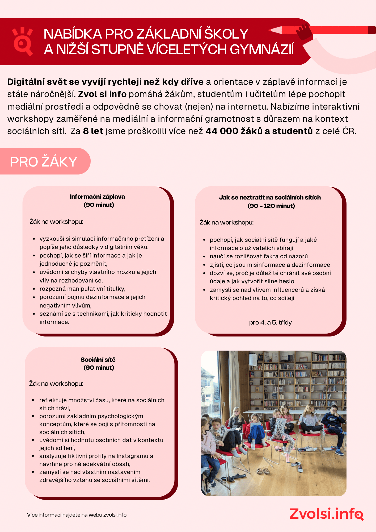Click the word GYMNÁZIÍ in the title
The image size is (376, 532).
pos(262,49)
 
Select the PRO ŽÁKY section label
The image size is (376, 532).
pos(44,161)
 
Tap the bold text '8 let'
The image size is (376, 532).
pos(93,131)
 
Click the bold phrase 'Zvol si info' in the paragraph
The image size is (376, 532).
pos(102,94)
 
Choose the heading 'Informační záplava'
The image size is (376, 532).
pos(97,197)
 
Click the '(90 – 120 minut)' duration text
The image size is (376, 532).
pos(271,206)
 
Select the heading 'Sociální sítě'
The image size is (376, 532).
pos(98,360)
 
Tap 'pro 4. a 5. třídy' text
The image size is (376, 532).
pos(270,322)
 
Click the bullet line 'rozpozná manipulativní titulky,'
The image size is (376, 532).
pos(82,289)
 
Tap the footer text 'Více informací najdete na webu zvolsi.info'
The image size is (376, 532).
pos(77,515)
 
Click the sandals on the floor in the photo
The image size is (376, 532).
pos(263,471)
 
